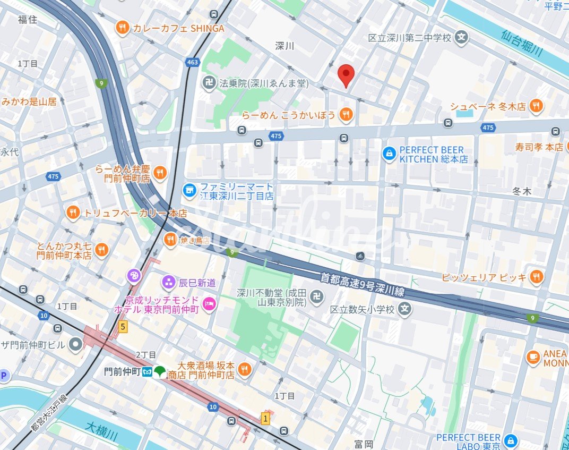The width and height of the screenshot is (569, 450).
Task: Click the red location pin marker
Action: pyautogui.click(x=346, y=75)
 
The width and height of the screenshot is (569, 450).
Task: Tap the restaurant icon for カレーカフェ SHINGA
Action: pyautogui.click(x=123, y=28)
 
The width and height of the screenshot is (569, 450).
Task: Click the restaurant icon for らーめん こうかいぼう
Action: pyautogui.click(x=346, y=114)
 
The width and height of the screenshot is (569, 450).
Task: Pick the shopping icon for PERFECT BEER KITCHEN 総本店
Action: pyautogui.click(x=389, y=155)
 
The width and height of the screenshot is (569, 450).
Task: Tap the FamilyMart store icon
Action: pyautogui.click(x=188, y=189)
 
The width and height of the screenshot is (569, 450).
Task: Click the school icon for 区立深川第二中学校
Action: pyautogui.click(x=462, y=38)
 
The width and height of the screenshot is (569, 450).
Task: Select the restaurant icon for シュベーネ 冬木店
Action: pyautogui.click(x=537, y=106)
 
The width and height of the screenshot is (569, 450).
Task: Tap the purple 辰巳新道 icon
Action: pyautogui.click(x=169, y=282)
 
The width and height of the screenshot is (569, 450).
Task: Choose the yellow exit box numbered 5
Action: pyautogui.click(x=123, y=327)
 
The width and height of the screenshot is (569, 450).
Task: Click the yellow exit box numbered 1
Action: pyautogui.click(x=265, y=419)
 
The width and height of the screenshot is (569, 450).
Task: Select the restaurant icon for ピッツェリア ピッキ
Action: pyautogui.click(x=537, y=277)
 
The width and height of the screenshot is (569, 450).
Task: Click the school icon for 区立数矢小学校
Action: pyautogui.click(x=406, y=309)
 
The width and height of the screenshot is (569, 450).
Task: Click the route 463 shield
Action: pyautogui.click(x=192, y=63)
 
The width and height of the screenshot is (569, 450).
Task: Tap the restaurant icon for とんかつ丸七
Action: pyautogui.click(x=101, y=249)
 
